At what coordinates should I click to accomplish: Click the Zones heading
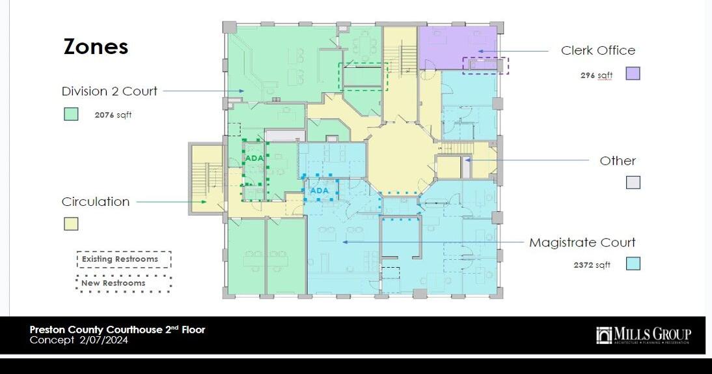coord(96,47)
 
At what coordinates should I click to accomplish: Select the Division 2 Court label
coord(109,91)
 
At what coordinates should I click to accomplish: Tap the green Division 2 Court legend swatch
coord(71,114)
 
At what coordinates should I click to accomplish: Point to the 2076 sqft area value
coord(113,115)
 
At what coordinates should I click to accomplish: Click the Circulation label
coord(96,201)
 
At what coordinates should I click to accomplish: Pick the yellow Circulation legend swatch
coord(71,223)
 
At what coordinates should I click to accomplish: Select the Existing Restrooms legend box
coord(124,259)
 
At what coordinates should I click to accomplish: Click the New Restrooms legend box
coord(124,283)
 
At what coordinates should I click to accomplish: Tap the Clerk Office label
coord(598,50)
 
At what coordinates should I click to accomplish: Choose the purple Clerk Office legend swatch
coord(633,73)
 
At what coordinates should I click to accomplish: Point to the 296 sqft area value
coord(596,76)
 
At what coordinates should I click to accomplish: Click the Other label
coord(618,160)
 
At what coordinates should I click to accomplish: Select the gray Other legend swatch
coord(633,182)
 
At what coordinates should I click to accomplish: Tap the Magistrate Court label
coord(582,242)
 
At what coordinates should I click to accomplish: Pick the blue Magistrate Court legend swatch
coord(633,263)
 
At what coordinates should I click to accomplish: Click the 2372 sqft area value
coord(592,265)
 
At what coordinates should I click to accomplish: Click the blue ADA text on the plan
coord(320,191)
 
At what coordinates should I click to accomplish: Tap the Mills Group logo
coord(643,336)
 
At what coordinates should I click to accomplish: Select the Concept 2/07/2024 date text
coord(78,340)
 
